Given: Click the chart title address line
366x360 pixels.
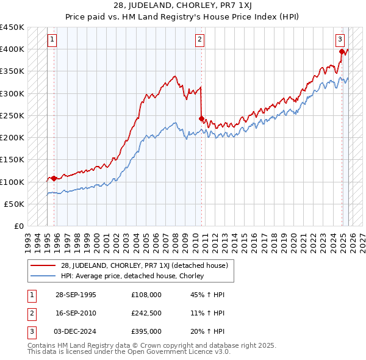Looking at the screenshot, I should point(183,5).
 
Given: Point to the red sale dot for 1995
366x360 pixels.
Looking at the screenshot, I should point(54,179).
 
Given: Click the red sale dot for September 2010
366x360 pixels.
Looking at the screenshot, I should point(202,119).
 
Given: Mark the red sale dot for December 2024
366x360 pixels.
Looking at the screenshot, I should point(342,52).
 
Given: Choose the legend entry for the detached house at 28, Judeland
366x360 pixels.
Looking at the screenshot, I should point(143,265).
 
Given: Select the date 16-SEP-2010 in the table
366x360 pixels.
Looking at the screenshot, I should point(76,313).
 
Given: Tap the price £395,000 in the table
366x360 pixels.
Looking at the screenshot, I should point(146,331).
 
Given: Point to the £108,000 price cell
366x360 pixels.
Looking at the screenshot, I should point(146,295).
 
